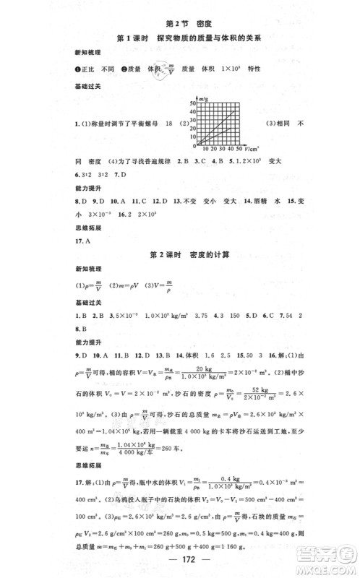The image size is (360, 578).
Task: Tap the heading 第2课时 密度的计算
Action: (179, 256)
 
